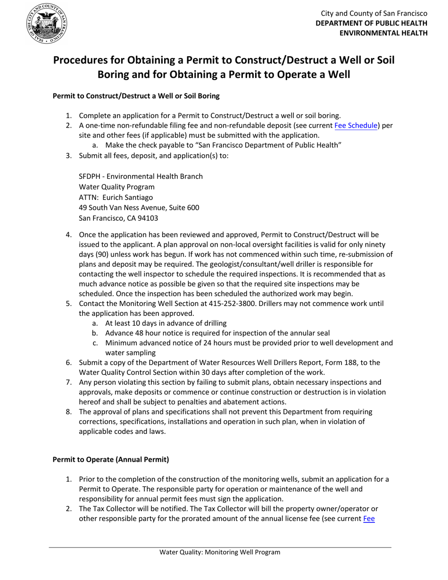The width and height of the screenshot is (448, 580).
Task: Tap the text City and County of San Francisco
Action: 374,14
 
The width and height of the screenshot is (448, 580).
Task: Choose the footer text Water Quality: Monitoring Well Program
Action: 220,552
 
